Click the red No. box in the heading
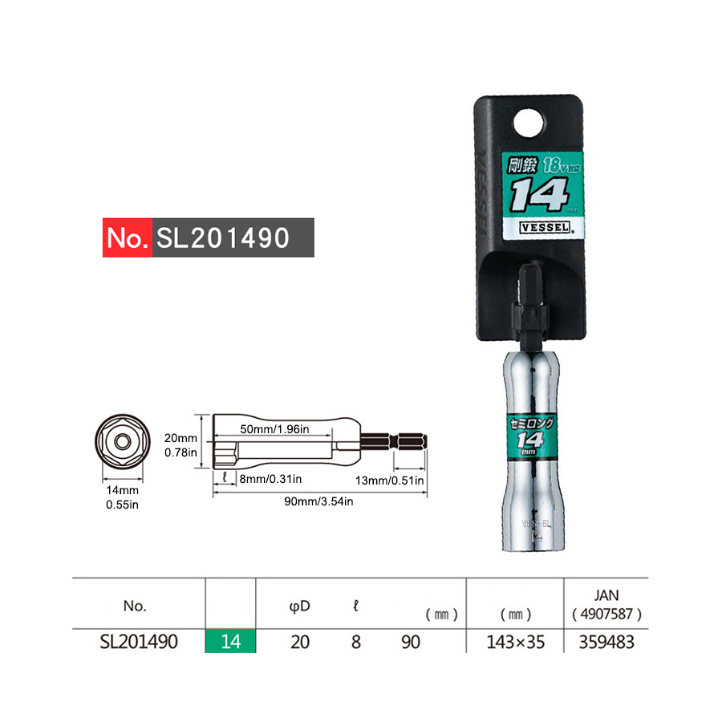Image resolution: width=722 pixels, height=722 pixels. tap(128, 237)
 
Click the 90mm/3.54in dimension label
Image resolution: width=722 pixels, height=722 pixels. tap(320, 501)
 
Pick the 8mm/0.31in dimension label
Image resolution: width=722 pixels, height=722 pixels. tap(270, 480)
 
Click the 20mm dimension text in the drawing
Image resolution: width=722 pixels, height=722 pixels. tap(181, 438)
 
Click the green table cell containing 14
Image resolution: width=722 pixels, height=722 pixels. tap(230, 642)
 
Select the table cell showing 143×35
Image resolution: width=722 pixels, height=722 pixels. tap(515, 642)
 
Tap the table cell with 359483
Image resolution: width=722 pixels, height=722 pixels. tap(607, 642)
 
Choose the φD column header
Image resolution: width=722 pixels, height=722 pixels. tap(299, 606)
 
